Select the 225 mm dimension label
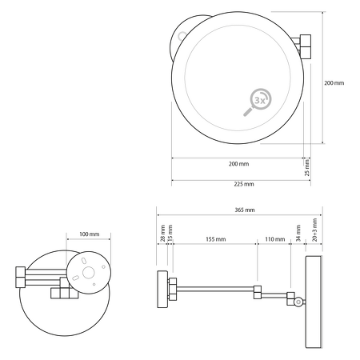click(x=238, y=184)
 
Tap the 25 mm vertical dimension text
click(x=306, y=168)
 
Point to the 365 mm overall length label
click(x=238, y=210)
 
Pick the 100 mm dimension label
click(x=89, y=234)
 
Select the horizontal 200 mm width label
click(x=238, y=163)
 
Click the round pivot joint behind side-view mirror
click(x=298, y=302)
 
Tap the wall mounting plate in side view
click(x=159, y=289)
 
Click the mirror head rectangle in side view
click(x=311, y=302)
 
